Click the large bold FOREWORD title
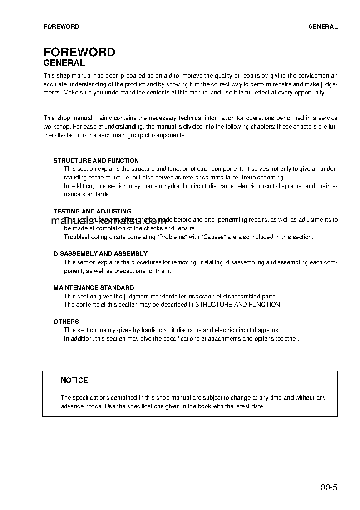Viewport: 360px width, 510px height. (x=79, y=52)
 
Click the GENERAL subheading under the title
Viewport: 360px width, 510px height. (x=64, y=64)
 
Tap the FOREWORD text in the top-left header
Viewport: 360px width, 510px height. (x=61, y=26)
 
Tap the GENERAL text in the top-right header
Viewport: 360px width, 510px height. (x=323, y=26)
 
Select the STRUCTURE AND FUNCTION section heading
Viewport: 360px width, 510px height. (x=96, y=160)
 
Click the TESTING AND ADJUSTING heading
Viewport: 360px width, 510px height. (x=92, y=211)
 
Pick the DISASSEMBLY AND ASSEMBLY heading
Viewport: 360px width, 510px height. (x=100, y=253)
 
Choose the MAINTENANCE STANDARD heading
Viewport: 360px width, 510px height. (x=94, y=287)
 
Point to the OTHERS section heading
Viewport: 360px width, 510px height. (x=66, y=322)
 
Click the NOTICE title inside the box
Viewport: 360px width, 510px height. (x=74, y=381)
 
